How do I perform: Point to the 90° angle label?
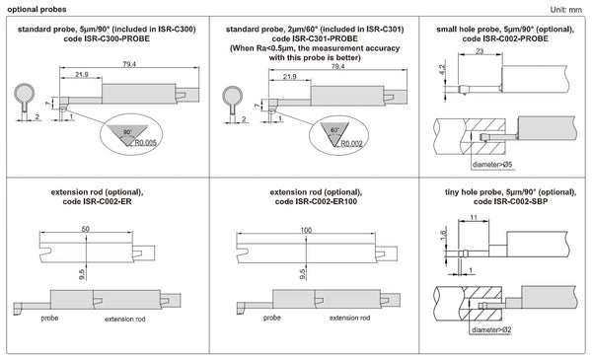[x=126, y=129]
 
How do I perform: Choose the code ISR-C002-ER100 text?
[x=303, y=201]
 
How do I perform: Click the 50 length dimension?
[x=86, y=228]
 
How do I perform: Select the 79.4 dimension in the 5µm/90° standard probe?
[x=130, y=64]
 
